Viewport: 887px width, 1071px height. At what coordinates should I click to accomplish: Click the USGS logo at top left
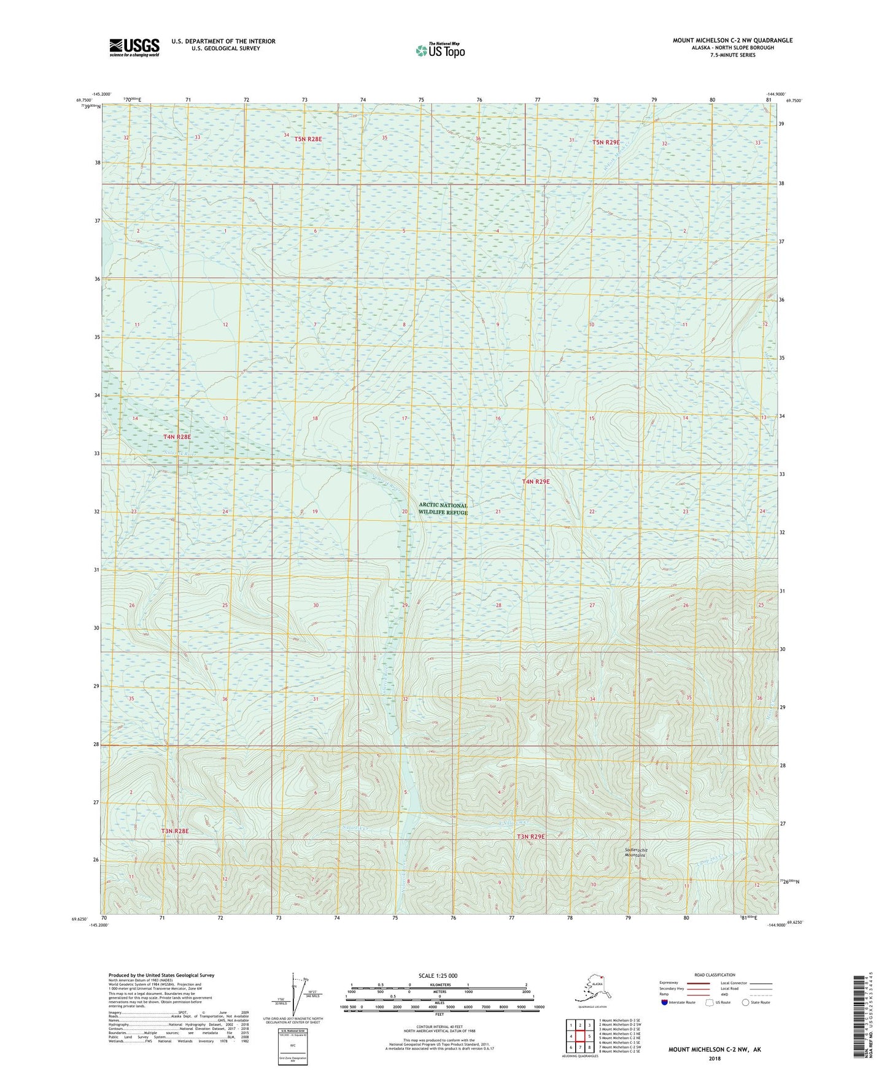tap(134, 47)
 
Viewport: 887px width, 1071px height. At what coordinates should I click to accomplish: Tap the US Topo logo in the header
tap(440, 50)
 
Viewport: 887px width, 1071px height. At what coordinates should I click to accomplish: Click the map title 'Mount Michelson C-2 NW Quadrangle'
tap(732, 40)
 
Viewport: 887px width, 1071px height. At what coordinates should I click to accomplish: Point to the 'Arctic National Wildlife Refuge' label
tap(443, 509)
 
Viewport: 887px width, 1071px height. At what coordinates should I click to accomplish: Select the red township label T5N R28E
tap(308, 139)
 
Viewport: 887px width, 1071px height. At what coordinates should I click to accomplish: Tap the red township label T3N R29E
tap(530, 837)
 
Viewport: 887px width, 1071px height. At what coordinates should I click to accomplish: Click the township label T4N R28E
tap(177, 437)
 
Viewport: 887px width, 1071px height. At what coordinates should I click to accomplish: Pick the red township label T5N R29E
tap(605, 142)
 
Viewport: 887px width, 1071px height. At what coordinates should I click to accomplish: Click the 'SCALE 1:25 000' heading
tap(438, 975)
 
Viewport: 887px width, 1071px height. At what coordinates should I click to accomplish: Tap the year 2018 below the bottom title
tap(714, 1058)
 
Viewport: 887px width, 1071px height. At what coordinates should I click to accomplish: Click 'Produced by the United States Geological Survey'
tap(161, 975)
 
